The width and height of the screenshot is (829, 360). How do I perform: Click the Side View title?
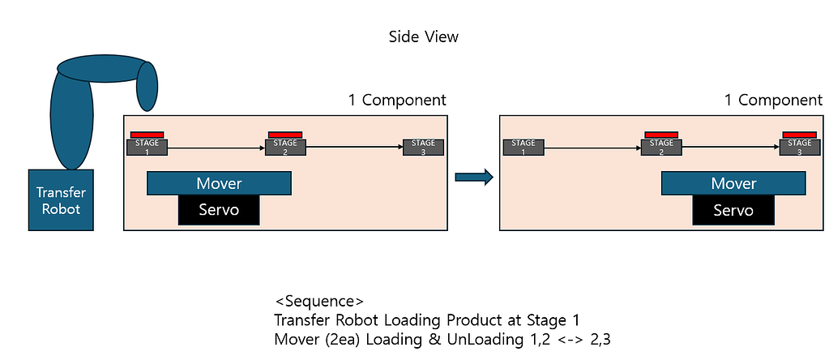[424, 37]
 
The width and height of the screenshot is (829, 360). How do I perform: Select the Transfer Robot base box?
[61, 199]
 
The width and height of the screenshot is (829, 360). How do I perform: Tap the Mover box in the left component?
[219, 183]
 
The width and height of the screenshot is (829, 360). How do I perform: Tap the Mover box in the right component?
[733, 183]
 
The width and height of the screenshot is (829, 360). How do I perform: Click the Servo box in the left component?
[219, 210]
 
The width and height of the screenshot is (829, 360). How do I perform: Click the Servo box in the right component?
[733, 210]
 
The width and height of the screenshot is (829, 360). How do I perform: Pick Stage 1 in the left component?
[147, 147]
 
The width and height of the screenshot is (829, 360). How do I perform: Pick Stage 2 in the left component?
[285, 147]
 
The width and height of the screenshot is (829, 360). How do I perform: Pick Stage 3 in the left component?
[423, 147]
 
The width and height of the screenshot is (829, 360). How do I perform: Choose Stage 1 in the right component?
[523, 147]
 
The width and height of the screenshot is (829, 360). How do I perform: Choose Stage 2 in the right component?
[661, 147]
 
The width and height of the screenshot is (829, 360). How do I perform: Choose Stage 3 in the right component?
[799, 147]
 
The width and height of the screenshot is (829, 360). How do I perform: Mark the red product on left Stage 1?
[147, 135]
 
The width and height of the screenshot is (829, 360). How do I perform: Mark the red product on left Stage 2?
[285, 135]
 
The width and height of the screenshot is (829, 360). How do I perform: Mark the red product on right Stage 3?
[799, 135]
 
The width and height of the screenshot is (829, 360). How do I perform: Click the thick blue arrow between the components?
[474, 178]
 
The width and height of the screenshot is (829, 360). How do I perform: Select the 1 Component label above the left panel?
[397, 101]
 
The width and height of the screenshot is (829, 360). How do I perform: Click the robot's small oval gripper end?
[147, 86]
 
